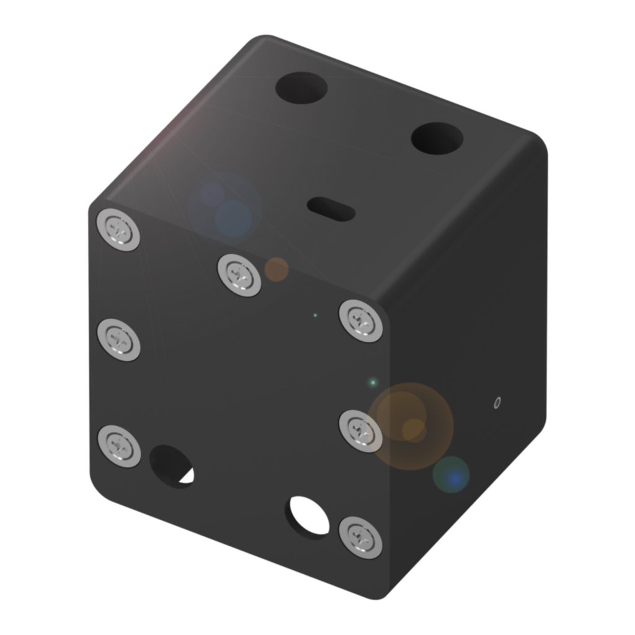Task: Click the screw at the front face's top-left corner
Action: point(118,231)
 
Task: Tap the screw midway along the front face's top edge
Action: point(239,275)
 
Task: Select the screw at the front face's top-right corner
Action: point(360,320)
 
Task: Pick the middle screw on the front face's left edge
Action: point(118,339)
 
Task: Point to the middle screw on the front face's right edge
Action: point(361,430)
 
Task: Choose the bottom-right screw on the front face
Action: point(360,536)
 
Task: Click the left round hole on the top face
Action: point(301,87)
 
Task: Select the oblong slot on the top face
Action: point(331,209)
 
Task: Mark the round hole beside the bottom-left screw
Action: point(171,466)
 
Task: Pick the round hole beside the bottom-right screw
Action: point(306,517)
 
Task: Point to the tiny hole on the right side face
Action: point(496,404)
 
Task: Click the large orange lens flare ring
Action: point(411,426)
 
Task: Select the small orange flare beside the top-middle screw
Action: point(277,269)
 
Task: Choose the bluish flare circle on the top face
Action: point(226,208)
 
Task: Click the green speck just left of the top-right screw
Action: point(315,316)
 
